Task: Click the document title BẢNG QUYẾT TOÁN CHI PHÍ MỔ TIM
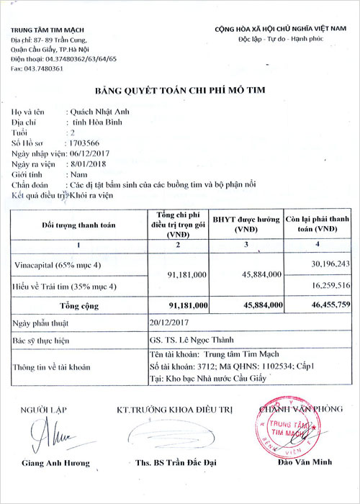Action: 179,92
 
